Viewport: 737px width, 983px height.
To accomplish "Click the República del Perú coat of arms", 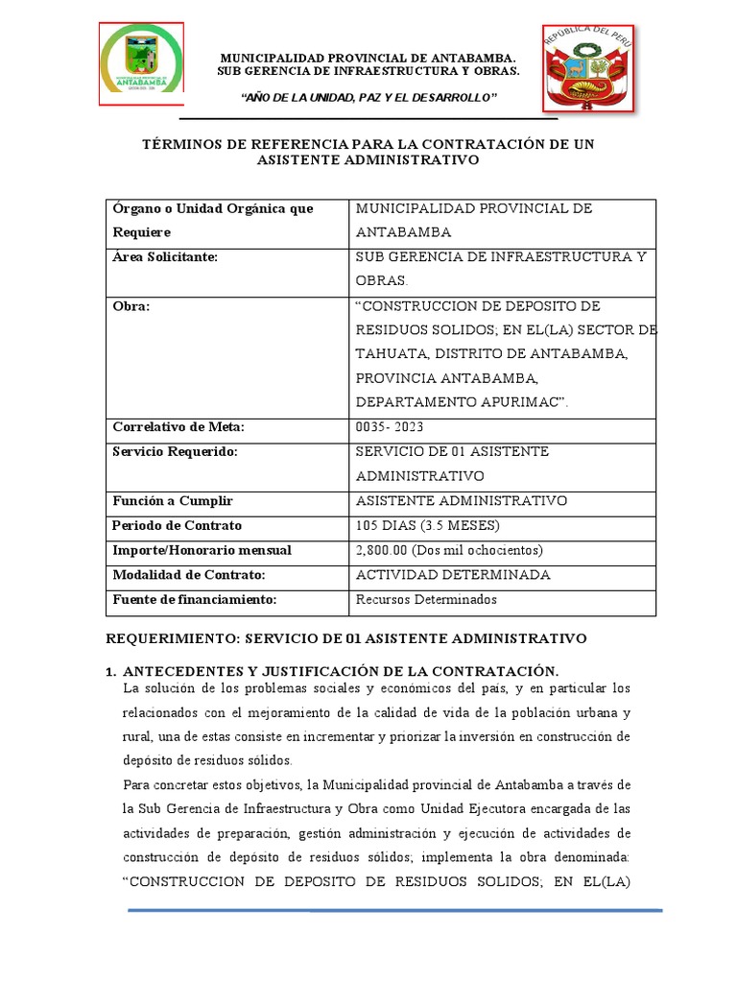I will (x=589, y=70).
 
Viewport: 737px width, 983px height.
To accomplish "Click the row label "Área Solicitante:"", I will (x=165, y=256).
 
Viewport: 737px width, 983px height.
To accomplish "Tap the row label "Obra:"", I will (x=131, y=306).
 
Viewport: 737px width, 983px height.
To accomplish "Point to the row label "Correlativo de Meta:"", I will (x=178, y=427).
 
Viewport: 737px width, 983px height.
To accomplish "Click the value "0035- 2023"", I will (x=390, y=427).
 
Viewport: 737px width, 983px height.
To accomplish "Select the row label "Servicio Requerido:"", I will (x=175, y=451).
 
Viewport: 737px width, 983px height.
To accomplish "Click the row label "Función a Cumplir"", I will (x=173, y=501).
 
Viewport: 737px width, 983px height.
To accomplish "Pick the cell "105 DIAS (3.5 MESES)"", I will (x=428, y=526).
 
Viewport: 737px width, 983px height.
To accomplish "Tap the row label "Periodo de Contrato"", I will (x=178, y=526).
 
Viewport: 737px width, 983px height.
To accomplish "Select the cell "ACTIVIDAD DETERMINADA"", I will (x=453, y=575).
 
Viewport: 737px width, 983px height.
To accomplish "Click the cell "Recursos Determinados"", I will (x=426, y=599).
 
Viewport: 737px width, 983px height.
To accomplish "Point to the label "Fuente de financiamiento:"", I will (x=195, y=599).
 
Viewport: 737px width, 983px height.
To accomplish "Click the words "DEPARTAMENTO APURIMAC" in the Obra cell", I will (x=457, y=402).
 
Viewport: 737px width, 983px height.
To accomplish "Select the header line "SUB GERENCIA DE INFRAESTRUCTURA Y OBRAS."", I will (x=368, y=71).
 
